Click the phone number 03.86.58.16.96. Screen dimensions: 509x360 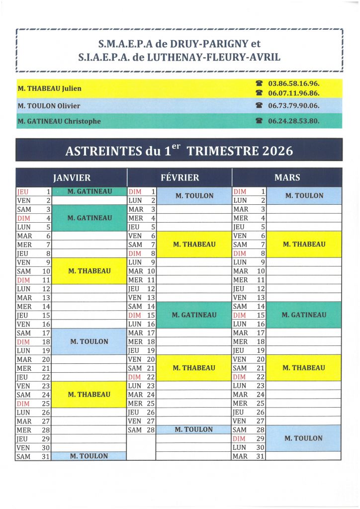pyautogui.click(x=293, y=85)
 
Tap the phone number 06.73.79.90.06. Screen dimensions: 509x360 pyautogui.click(x=293, y=106)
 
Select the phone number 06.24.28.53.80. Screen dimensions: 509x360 pyautogui.click(x=293, y=121)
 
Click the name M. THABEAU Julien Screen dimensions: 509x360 pyautogui.click(x=50, y=89)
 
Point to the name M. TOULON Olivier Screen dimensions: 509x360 pyautogui.click(x=49, y=106)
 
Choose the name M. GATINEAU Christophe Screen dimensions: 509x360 pyautogui.click(x=59, y=121)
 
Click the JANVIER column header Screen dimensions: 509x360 pyautogui.click(x=72, y=177)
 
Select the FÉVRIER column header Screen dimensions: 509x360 pyautogui.click(x=180, y=177)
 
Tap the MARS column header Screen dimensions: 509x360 pyautogui.click(x=287, y=177)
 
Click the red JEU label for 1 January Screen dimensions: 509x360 pyautogui.click(x=23, y=191)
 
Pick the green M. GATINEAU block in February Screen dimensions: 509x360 pyautogui.click(x=194, y=315)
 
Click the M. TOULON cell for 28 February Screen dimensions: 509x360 pyautogui.click(x=194, y=429)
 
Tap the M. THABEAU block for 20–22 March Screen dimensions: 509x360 pyautogui.click(x=304, y=368)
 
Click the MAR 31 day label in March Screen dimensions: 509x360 pyautogui.click(x=241, y=456)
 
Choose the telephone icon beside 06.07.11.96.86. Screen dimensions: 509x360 pyautogui.click(x=259, y=93)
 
